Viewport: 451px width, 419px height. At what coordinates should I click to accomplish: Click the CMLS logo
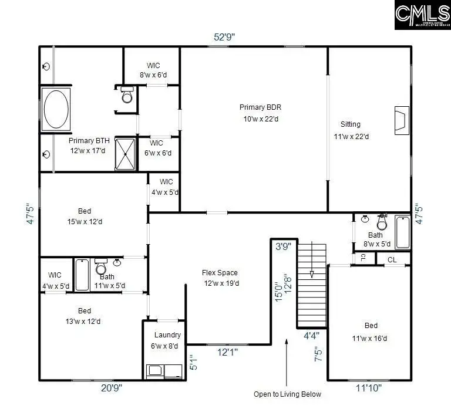coord(422,15)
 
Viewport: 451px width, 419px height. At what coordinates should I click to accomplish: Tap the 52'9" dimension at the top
coord(224,36)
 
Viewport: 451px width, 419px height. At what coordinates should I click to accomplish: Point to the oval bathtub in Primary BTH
coord(55,109)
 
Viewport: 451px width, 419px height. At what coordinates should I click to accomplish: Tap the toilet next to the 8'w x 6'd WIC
coord(126,95)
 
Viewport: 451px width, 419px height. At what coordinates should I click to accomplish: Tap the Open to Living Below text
coord(287,394)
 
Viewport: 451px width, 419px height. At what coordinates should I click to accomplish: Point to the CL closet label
coord(392,259)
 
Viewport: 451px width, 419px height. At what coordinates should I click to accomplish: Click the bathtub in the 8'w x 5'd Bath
coord(403,232)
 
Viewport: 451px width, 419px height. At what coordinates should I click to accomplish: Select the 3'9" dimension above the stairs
coord(283,247)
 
